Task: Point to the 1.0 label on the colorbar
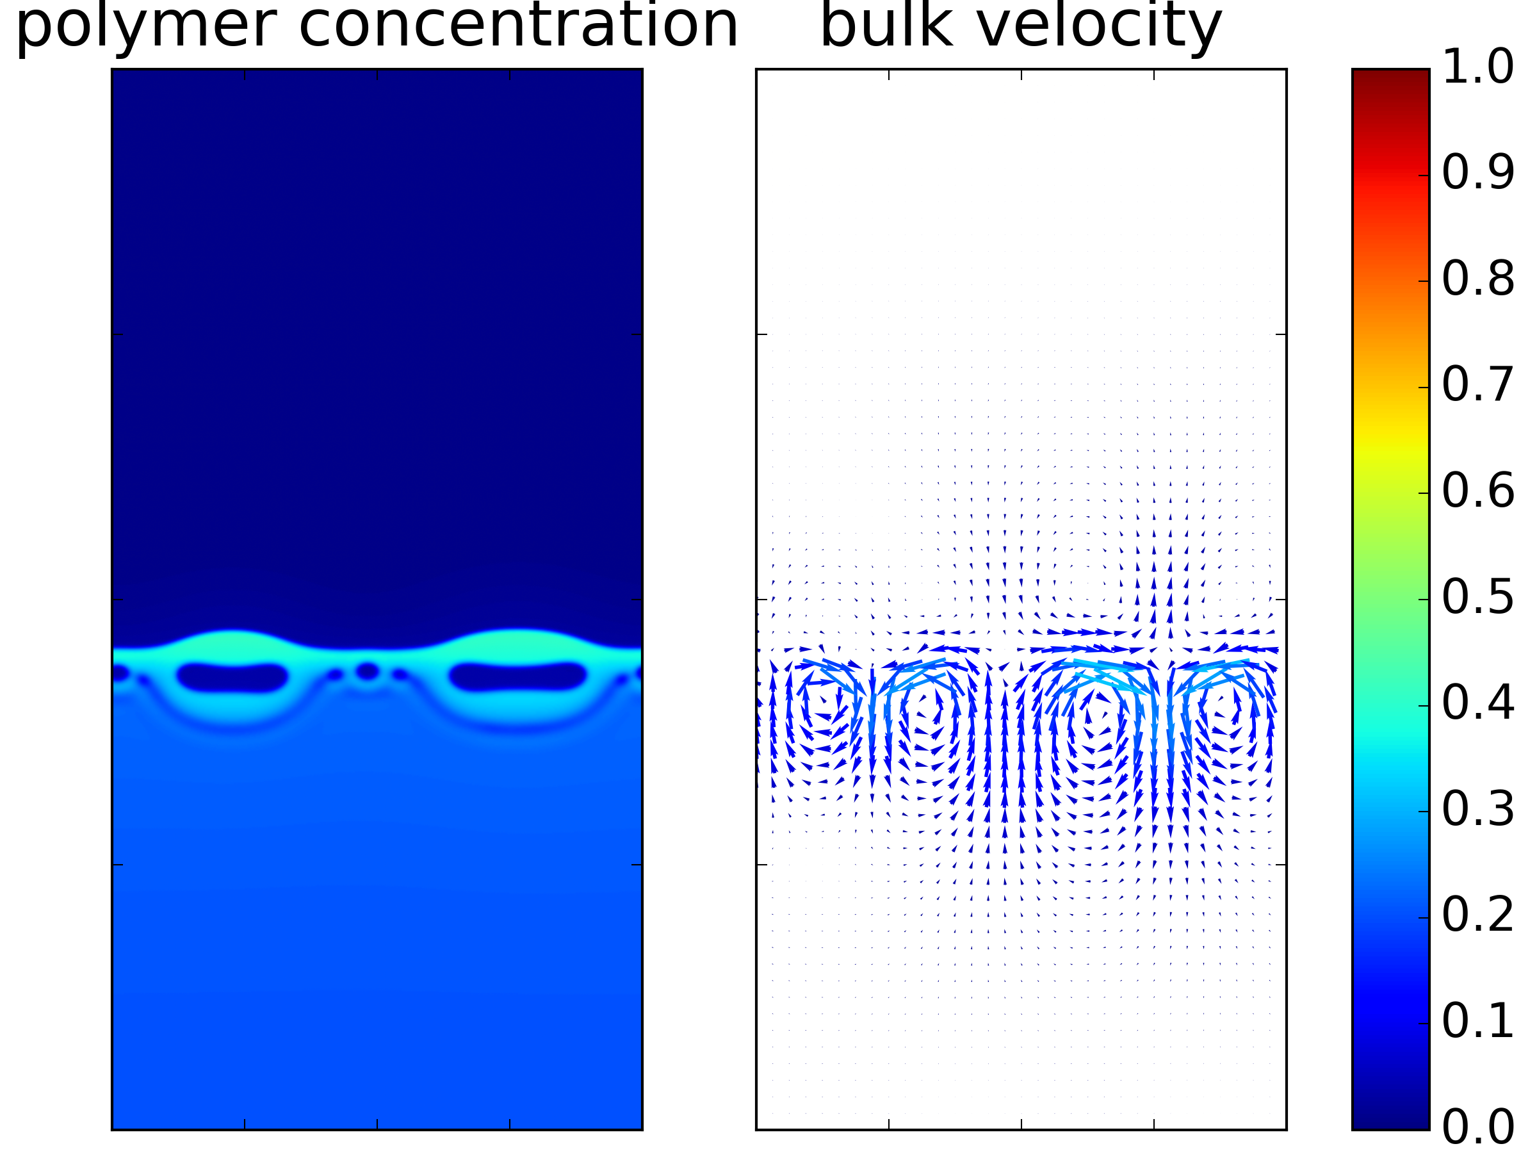click(x=1478, y=67)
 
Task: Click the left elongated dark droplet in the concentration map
click(x=232, y=678)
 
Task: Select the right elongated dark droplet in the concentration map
click(x=517, y=677)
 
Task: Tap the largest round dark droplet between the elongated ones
click(x=367, y=671)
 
